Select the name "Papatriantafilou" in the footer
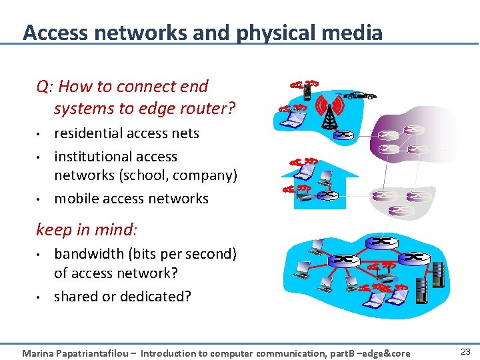tap(95, 353)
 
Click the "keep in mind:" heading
tap(87, 230)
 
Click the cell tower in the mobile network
tap(329, 111)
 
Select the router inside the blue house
tap(327, 195)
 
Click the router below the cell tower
tap(344, 135)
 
